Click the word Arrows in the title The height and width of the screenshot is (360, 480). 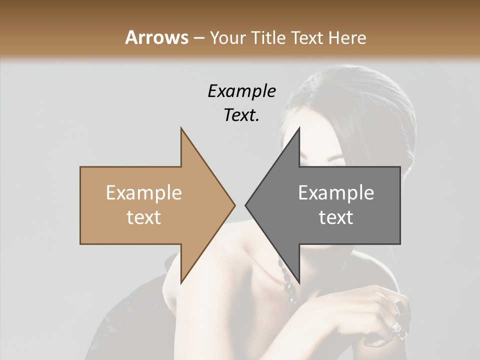(157, 37)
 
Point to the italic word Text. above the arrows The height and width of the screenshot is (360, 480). (241, 115)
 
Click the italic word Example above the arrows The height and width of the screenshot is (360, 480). (242, 91)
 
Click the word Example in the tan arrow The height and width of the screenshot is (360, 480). (144, 192)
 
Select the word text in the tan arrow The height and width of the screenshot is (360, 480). (144, 217)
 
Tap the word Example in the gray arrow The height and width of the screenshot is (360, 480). (336, 192)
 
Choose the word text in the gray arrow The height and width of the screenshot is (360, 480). (336, 217)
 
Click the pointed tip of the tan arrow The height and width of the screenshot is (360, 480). (234, 205)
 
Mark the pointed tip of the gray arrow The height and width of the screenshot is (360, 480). (245, 205)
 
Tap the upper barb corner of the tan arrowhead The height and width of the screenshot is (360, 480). (181, 128)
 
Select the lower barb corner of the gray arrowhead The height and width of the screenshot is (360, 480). (299, 283)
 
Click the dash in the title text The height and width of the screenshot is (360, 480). (198, 38)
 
